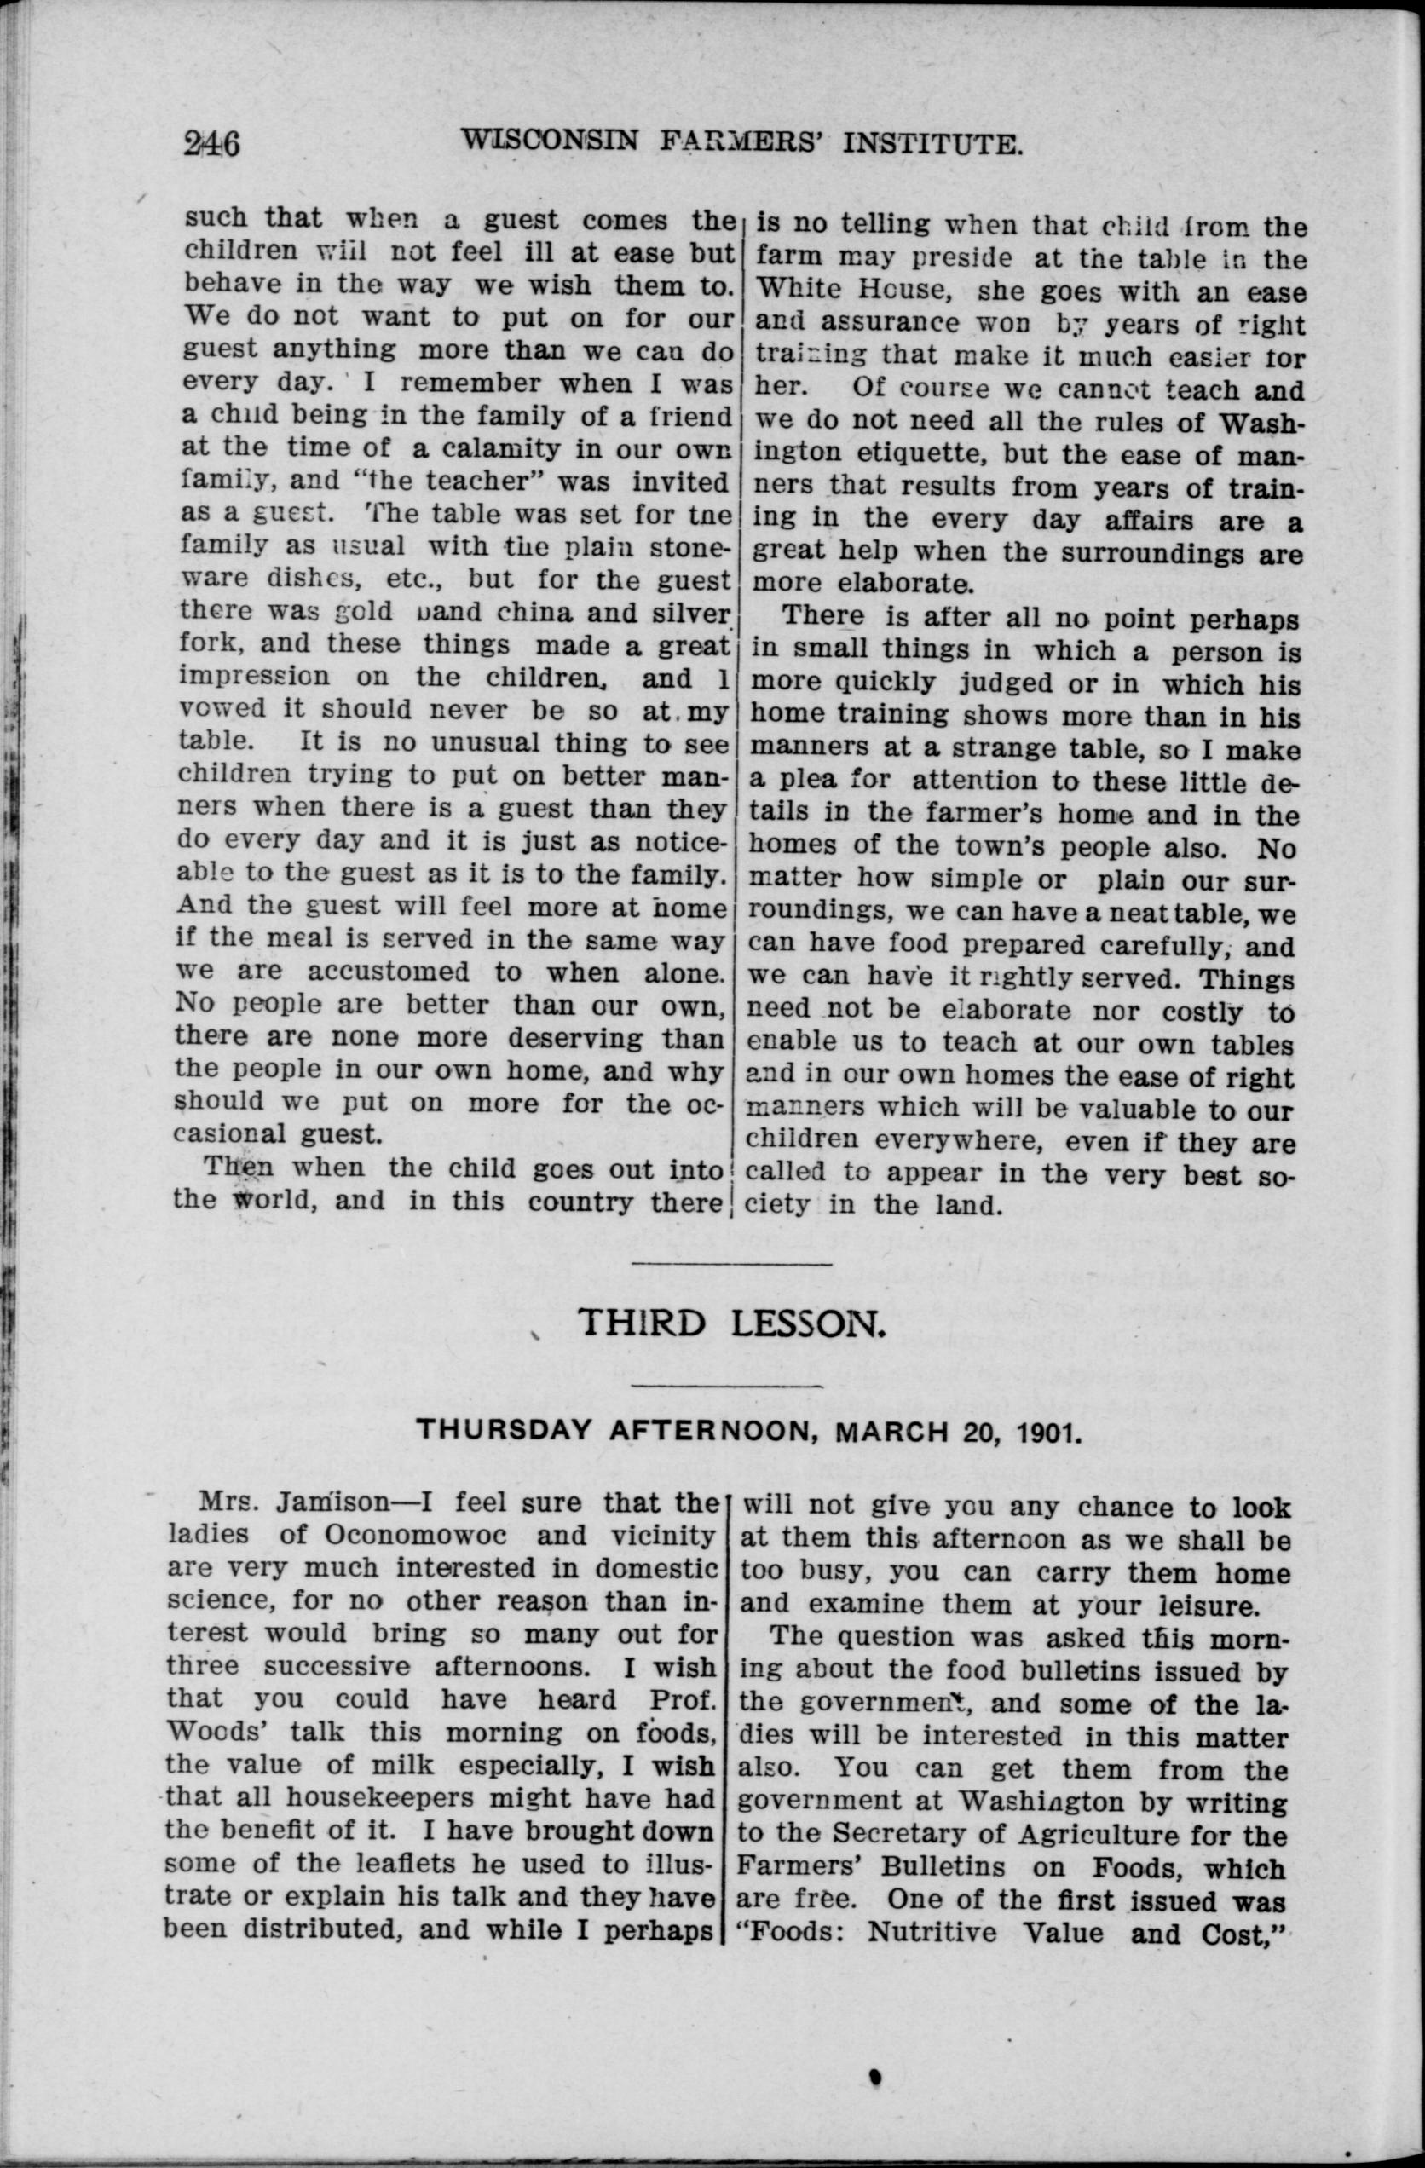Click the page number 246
(211, 144)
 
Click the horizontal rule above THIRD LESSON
(731, 1264)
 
